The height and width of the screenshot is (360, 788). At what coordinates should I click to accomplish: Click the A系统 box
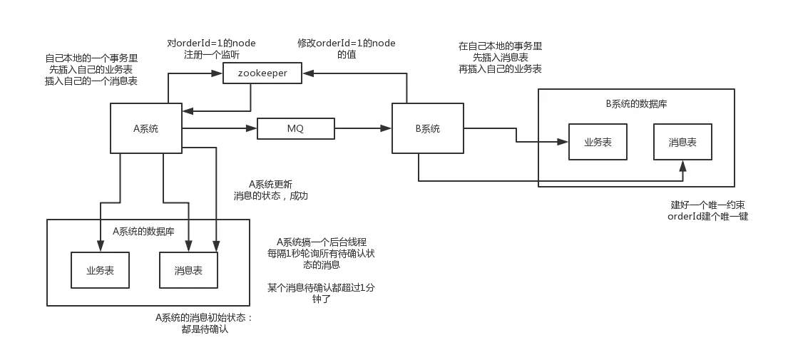point(145,128)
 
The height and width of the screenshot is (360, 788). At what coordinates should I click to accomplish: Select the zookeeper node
point(262,73)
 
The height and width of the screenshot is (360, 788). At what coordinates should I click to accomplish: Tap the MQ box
point(295,129)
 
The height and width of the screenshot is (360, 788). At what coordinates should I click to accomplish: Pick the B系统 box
point(427,128)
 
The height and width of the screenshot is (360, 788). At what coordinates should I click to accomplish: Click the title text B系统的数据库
point(636,104)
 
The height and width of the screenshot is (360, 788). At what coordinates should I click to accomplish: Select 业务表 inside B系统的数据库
point(598,142)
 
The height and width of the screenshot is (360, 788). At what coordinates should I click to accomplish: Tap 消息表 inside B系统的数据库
point(682,142)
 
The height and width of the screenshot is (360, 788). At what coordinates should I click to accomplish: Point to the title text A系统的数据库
point(143,232)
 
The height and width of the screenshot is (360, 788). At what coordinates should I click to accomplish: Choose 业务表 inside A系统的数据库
point(101,269)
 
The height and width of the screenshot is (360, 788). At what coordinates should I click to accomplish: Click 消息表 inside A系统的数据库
point(188,269)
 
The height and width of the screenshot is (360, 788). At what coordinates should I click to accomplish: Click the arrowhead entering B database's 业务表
point(563,142)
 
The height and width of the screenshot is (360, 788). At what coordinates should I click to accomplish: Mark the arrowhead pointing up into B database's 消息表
point(682,165)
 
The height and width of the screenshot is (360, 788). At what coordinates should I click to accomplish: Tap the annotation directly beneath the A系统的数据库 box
point(202,324)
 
